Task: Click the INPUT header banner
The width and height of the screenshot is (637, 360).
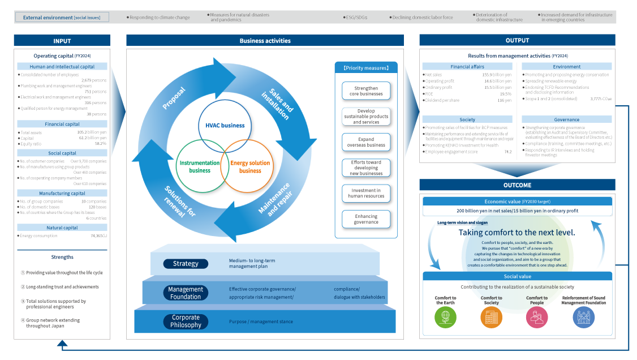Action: click(x=62, y=41)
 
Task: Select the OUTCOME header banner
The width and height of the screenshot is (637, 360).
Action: click(x=517, y=185)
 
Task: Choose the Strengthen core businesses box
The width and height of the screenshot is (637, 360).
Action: click(x=366, y=91)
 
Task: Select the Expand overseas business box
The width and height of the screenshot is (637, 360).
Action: click(x=366, y=142)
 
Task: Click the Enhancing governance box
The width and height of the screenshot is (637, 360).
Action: click(x=366, y=219)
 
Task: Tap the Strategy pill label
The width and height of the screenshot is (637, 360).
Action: click(x=186, y=264)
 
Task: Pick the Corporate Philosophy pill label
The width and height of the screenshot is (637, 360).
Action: click(x=186, y=322)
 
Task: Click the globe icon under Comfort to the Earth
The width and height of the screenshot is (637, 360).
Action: click(x=445, y=318)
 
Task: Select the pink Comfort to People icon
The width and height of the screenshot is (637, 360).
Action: click(x=537, y=318)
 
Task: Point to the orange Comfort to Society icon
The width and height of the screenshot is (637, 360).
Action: click(x=491, y=318)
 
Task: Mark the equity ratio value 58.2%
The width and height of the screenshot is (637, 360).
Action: click(x=100, y=144)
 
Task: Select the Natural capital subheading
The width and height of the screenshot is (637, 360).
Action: click(x=62, y=228)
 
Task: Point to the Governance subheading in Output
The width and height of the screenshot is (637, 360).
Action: click(x=566, y=119)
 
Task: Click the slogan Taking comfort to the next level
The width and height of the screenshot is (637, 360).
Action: click(x=517, y=233)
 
